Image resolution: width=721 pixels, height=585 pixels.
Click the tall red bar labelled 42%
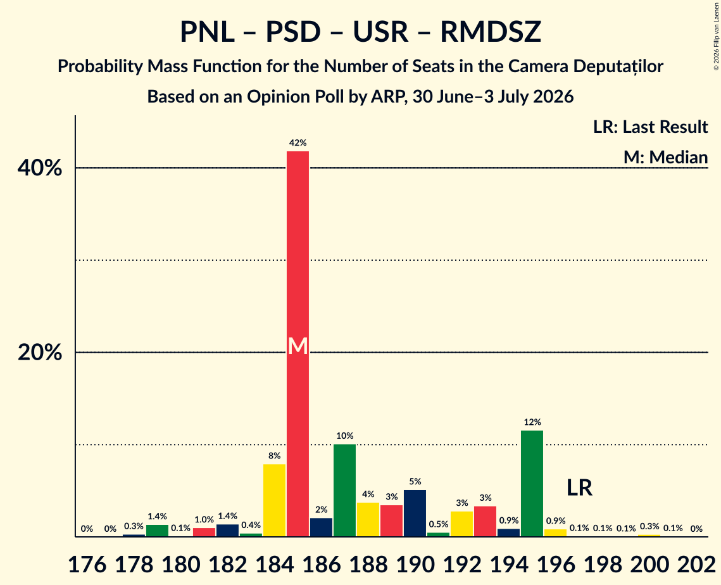point(298,344)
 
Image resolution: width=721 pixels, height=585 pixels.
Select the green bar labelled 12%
point(532,483)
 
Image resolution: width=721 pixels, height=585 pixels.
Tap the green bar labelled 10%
point(344,490)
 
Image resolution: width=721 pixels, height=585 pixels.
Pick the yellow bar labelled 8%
point(275,500)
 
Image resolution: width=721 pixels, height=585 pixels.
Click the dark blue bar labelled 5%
point(415,513)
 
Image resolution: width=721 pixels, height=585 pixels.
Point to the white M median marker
point(298,346)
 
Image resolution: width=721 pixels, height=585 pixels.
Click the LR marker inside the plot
point(579,487)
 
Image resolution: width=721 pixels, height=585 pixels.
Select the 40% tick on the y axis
point(40,168)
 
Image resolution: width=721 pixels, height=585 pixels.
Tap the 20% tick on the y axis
point(40,353)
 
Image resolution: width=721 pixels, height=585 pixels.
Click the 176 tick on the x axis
point(87,564)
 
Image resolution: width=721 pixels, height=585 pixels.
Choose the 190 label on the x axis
point(415,564)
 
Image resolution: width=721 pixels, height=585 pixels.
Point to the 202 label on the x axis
point(696,564)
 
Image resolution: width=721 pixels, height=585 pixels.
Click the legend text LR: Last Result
point(650,127)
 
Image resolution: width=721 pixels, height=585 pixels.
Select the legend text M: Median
point(665,157)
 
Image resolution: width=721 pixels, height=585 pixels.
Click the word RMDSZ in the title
point(491,32)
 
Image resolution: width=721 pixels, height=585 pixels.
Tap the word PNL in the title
point(207,32)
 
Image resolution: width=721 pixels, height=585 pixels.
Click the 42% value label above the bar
point(298,143)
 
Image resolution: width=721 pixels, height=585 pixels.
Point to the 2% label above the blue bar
point(321,510)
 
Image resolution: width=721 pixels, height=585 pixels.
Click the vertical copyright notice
point(716,36)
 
